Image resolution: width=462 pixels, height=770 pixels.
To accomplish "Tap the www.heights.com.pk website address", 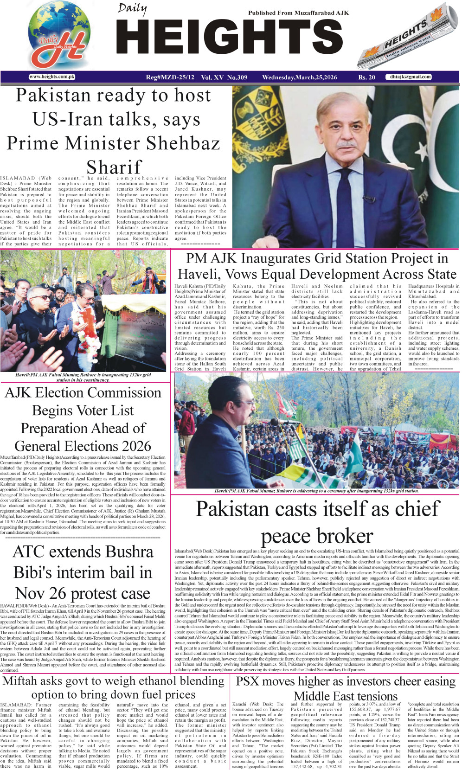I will [x=51, y=77].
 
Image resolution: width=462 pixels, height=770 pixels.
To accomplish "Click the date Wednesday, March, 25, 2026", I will [x=299, y=77].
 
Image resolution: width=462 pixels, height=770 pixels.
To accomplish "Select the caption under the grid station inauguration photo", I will [x=83, y=377].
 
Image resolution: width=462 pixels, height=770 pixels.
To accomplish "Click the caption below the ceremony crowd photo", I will [x=316, y=491].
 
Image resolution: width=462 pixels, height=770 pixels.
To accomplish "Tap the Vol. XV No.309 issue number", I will [x=224, y=77].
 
